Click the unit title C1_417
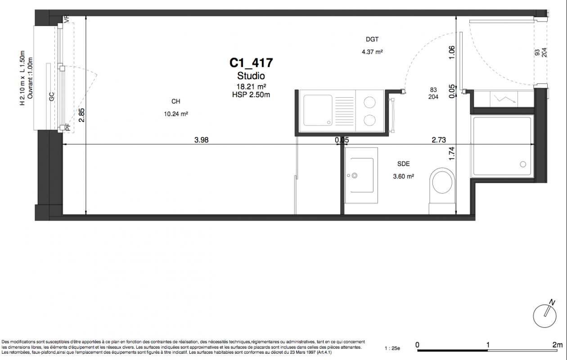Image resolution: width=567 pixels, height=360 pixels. pyautogui.click(x=251, y=63)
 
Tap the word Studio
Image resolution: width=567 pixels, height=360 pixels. pyautogui.click(x=251, y=76)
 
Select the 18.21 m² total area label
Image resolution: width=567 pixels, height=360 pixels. pyautogui.click(x=251, y=86)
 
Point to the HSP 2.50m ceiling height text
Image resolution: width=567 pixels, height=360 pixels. pyautogui.click(x=251, y=94)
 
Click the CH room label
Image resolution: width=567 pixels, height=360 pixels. pyautogui.click(x=176, y=101)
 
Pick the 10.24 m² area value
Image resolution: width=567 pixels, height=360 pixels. pyautogui.click(x=176, y=114)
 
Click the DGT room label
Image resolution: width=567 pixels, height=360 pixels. pyautogui.click(x=372, y=39)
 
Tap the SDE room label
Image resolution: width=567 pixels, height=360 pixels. pyautogui.click(x=404, y=164)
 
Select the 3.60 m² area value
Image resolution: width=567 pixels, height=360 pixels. pyautogui.click(x=404, y=176)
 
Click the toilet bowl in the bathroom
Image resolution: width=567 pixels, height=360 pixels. pyautogui.click(x=442, y=181)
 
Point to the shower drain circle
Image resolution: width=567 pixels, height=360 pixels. pyautogui.click(x=523, y=164)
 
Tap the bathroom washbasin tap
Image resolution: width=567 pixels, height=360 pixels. pyautogui.click(x=355, y=175)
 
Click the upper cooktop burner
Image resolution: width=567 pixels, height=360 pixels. pyautogui.click(x=369, y=103)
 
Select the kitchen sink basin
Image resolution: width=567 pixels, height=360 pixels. pyautogui.click(x=318, y=110)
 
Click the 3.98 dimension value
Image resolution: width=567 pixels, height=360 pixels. pyautogui.click(x=202, y=140)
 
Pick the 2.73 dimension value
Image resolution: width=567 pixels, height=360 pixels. pyautogui.click(x=439, y=140)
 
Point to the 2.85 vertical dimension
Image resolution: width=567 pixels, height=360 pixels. pyautogui.click(x=81, y=115)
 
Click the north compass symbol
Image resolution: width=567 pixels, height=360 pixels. pyautogui.click(x=545, y=315)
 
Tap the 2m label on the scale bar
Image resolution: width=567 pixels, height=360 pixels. pyautogui.click(x=558, y=345)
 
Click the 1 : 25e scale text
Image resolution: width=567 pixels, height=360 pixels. pyautogui.click(x=392, y=348)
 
